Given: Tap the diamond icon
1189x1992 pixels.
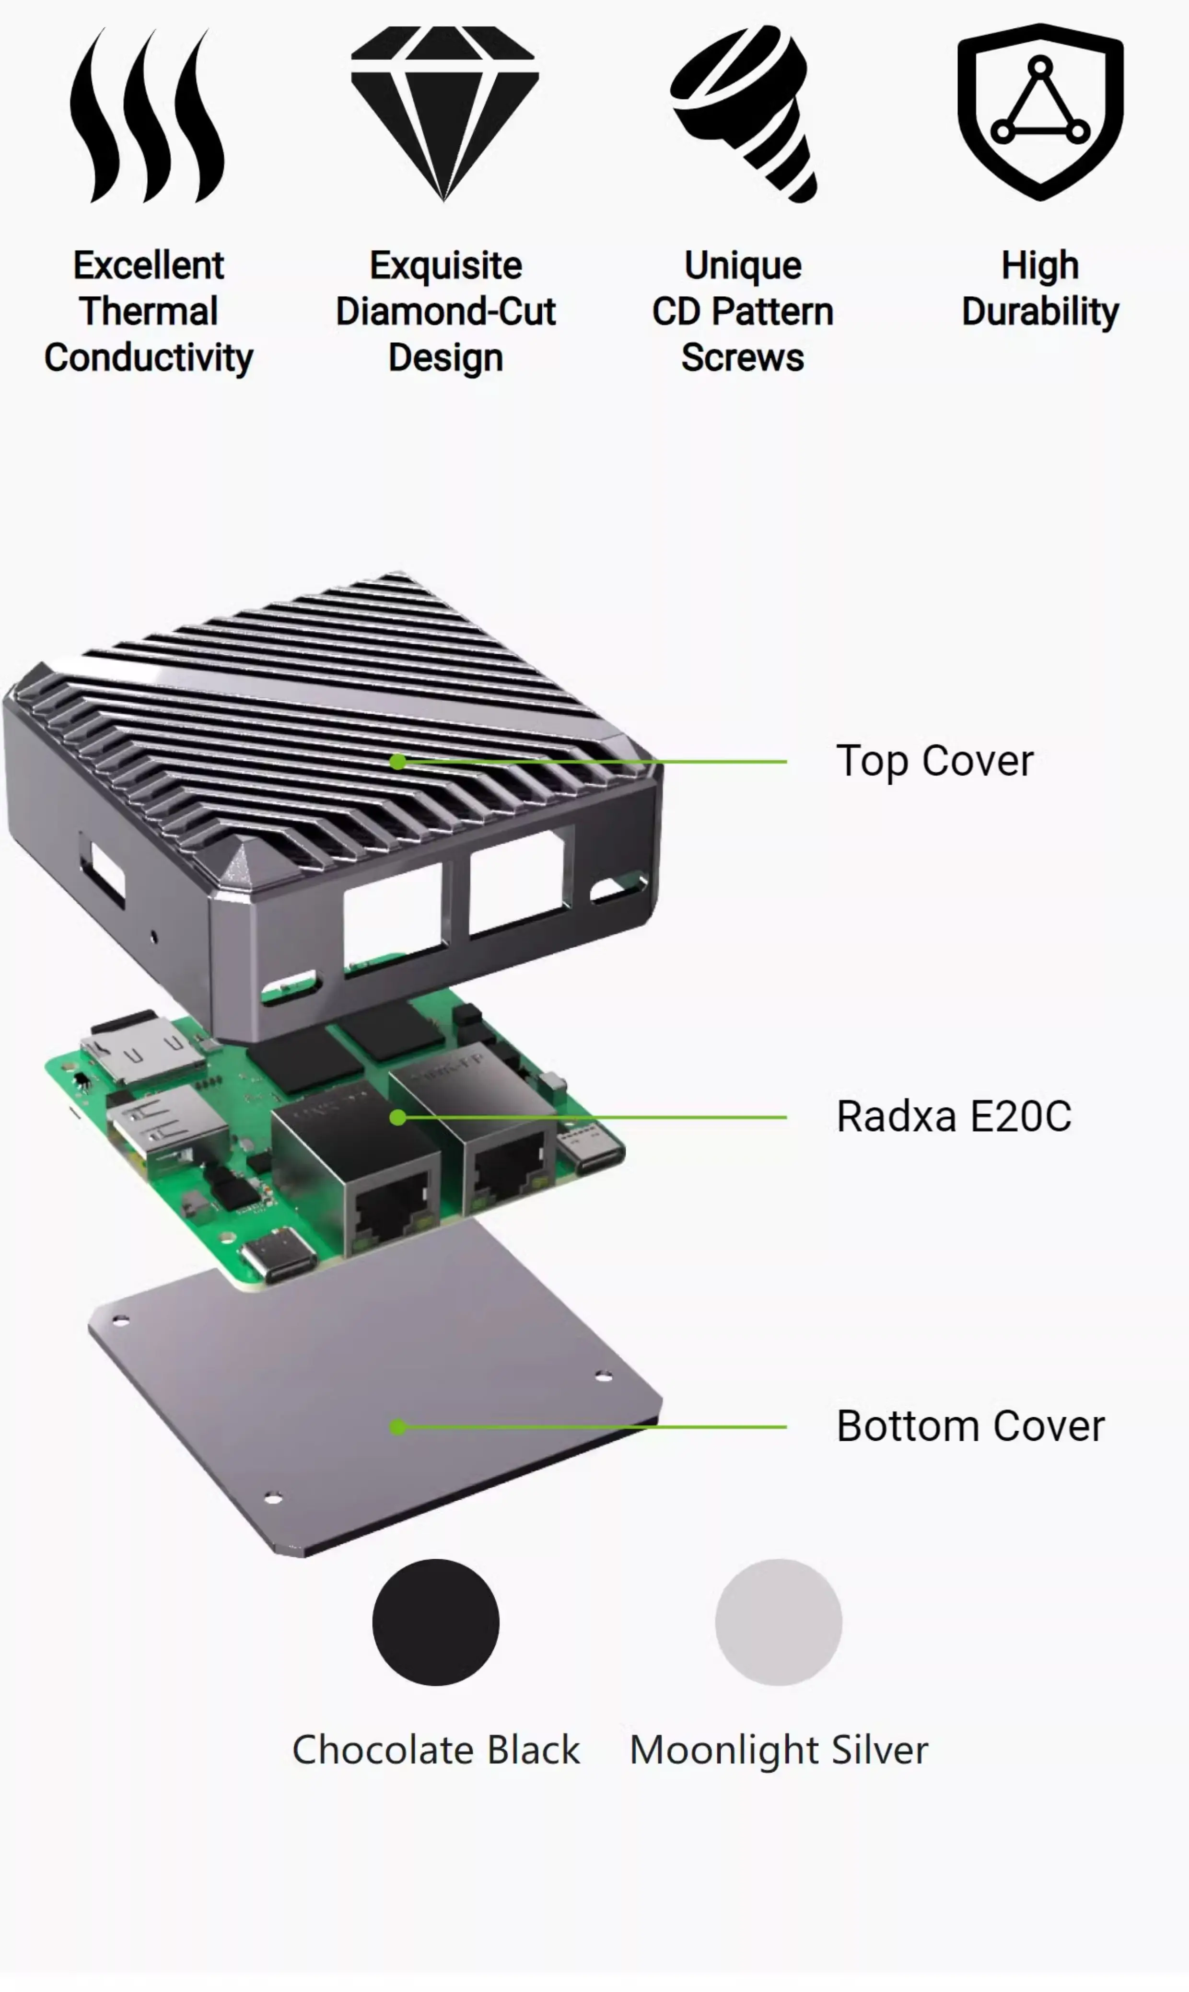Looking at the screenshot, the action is pyautogui.click(x=444, y=114).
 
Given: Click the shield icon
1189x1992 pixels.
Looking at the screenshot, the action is pyautogui.click(x=1040, y=112).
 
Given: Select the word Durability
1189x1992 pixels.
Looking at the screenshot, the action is pyautogui.click(x=1040, y=312).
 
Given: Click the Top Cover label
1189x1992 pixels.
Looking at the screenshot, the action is pyautogui.click(x=935, y=761).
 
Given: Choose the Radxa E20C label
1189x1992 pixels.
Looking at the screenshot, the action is pyautogui.click(x=954, y=1116).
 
